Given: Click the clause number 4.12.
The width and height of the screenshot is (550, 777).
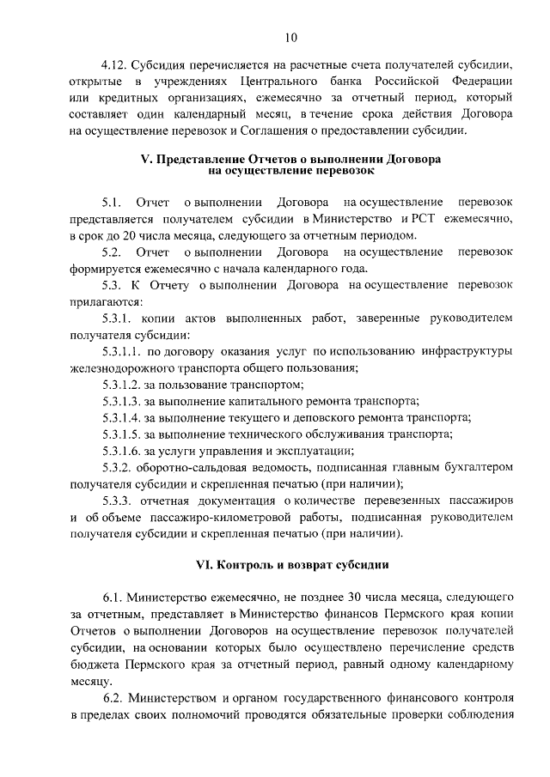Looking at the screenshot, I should click(x=115, y=65).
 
